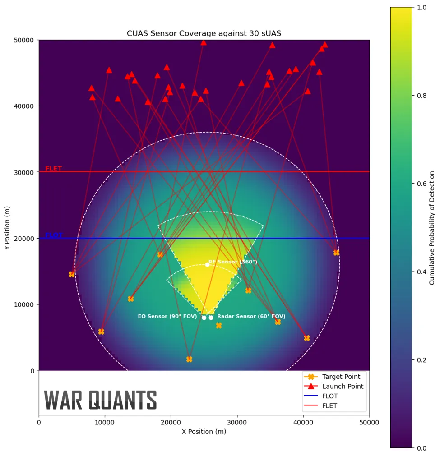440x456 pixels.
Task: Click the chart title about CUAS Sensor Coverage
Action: pyautogui.click(x=204, y=34)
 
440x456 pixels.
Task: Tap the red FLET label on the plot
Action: pyautogui.click(x=54, y=169)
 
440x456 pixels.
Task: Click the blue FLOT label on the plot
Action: pyautogui.click(x=54, y=235)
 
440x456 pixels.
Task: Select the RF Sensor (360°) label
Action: pyautogui.click(x=233, y=262)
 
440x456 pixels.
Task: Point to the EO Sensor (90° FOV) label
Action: pyautogui.click(x=167, y=317)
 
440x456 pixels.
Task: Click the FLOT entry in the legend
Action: pyautogui.click(x=330, y=396)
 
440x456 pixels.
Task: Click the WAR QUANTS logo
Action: pyautogui.click(x=100, y=400)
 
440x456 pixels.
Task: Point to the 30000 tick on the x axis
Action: pyautogui.click(x=237, y=422)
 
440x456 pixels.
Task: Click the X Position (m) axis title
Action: pyautogui.click(x=204, y=432)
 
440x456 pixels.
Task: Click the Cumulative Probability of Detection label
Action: pyautogui.click(x=432, y=228)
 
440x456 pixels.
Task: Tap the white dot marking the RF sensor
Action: pyautogui.click(x=207, y=265)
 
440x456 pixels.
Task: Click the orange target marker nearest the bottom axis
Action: pyautogui.click(x=189, y=359)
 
